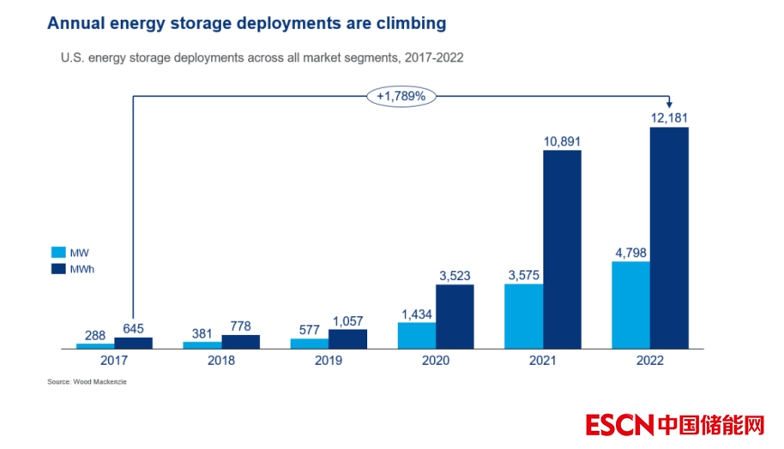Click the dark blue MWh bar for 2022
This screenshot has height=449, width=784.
pos(669,238)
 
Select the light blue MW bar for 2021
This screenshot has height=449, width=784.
pos(523,316)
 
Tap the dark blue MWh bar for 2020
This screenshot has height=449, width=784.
pos(455,316)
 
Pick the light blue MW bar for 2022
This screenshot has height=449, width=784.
pos(630,305)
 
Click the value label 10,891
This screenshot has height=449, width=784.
pos(562,141)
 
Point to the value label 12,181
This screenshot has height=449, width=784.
pos(669,117)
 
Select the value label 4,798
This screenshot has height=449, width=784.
pos(630,252)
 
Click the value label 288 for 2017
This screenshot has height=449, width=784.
pos(95,334)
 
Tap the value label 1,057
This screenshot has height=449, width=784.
pos(348,320)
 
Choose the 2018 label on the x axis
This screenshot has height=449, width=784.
pos(221,361)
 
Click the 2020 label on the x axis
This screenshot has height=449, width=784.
pos(436,361)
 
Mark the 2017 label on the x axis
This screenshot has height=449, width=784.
pos(114,361)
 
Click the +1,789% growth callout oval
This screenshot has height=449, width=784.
pos(401,97)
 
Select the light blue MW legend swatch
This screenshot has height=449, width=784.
pos(59,253)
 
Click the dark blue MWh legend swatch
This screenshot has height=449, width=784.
pos(59,269)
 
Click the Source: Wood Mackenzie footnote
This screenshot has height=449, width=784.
pos(87,381)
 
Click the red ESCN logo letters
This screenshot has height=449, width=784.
pos(620,425)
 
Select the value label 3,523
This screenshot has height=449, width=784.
pos(455,275)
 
